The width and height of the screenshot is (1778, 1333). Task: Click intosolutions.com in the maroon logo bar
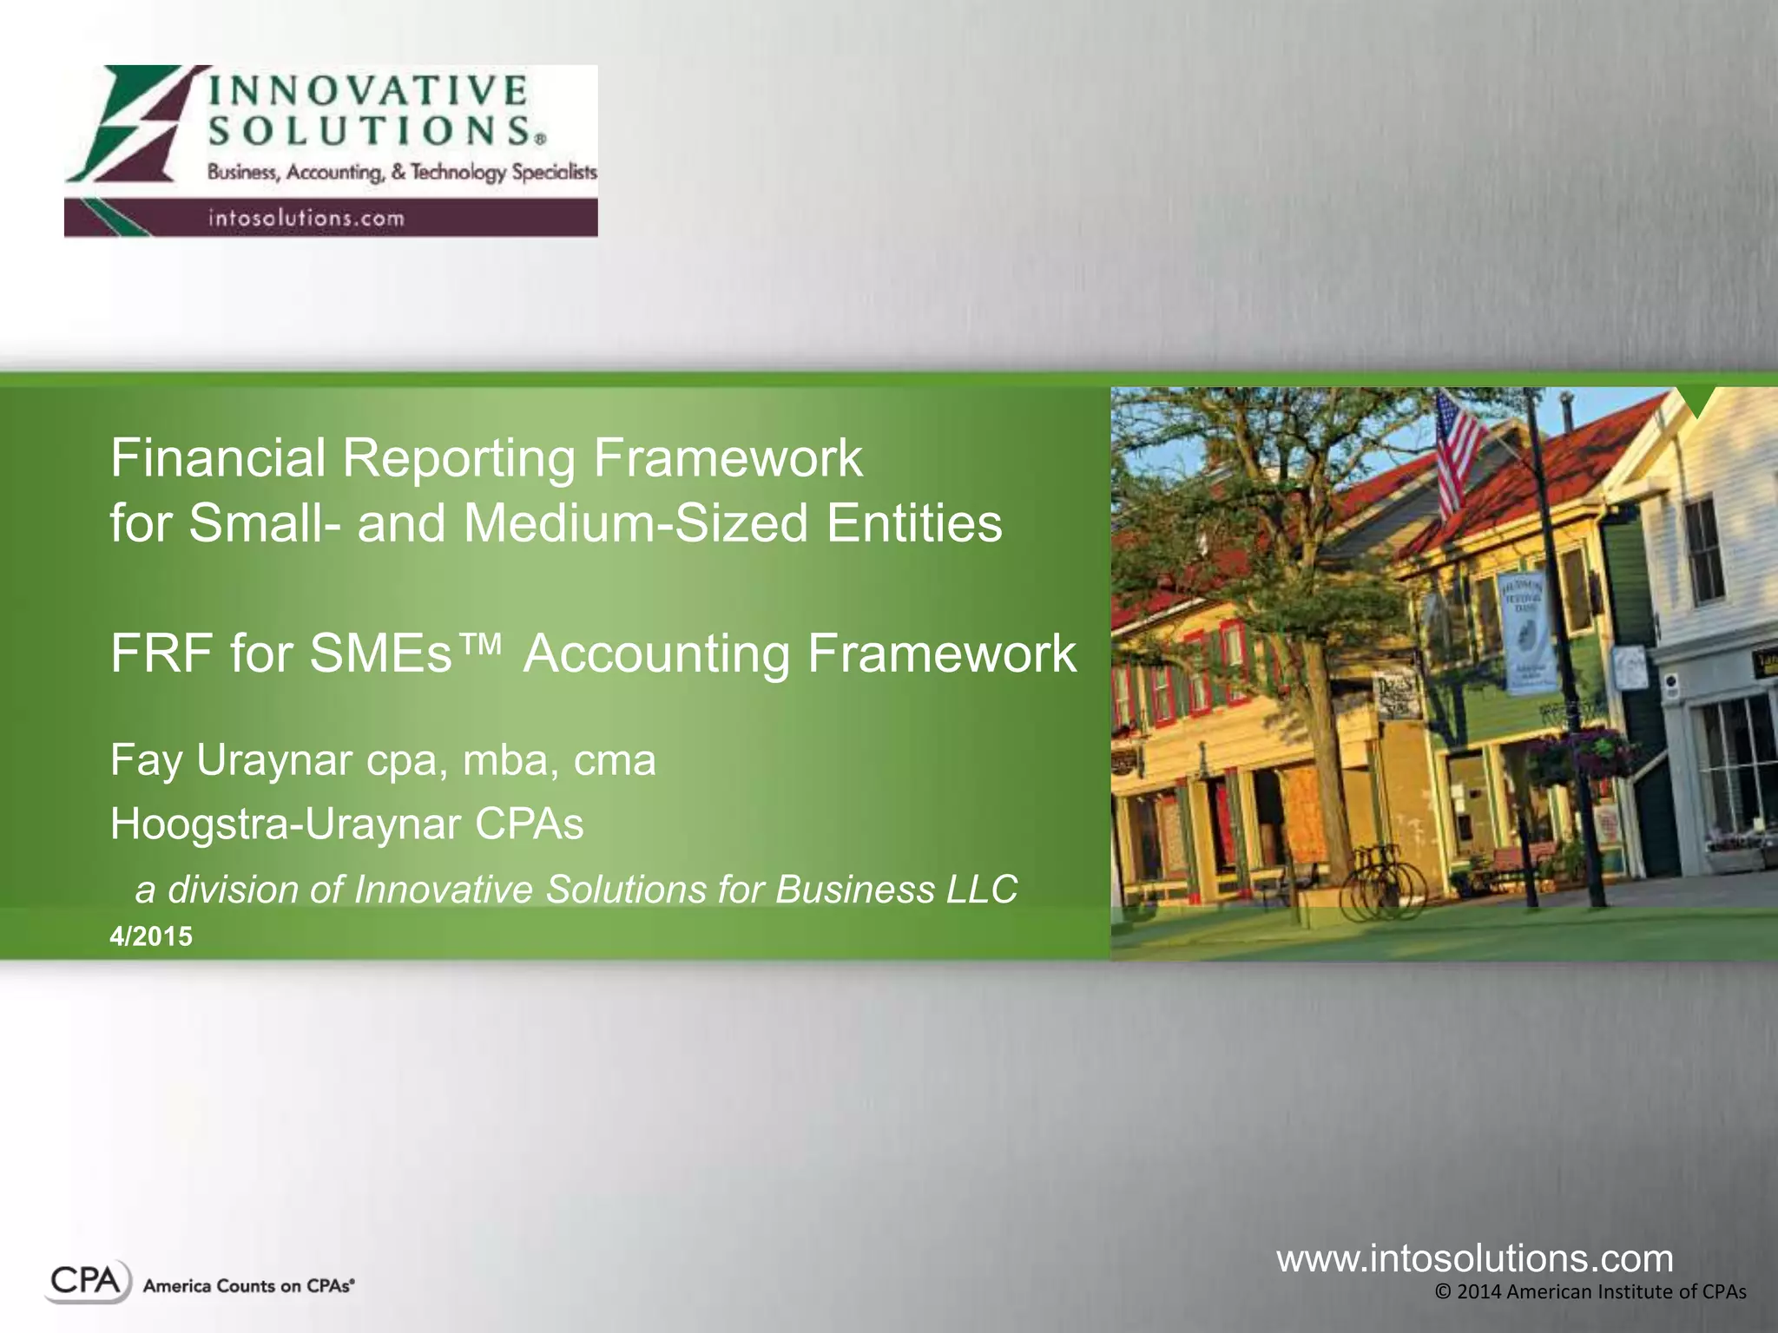pos(306,218)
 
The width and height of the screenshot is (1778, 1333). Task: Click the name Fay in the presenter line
pos(146,760)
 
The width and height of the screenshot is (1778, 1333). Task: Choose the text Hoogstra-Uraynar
pos(285,824)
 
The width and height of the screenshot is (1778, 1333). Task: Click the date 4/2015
pos(151,936)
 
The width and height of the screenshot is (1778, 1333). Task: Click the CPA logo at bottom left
pos(87,1282)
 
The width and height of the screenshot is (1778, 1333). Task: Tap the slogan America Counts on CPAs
pos(248,1286)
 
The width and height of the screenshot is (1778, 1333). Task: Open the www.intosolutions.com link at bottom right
pos(1474,1258)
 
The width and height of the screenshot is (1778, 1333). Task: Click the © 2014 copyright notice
pos(1590,1292)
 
